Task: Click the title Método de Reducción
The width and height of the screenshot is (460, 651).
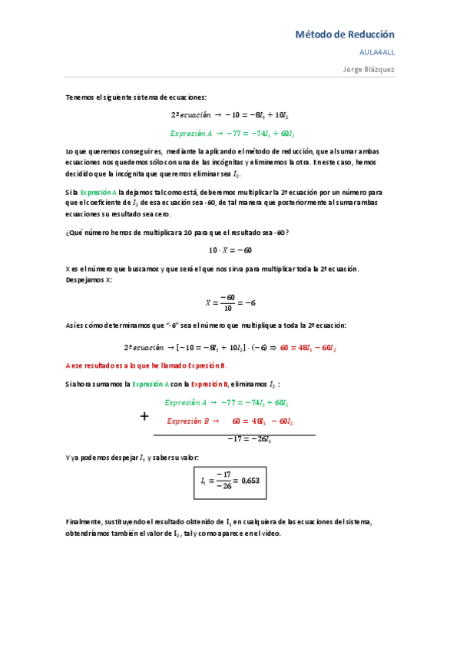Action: coord(345,35)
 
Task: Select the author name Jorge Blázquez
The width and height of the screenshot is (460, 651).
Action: coord(369,68)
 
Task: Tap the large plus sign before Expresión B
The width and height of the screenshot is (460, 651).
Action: coord(144,417)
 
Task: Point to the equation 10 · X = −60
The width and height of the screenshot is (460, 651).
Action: coord(230,250)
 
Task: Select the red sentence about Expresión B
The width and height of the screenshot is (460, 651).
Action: coord(147,365)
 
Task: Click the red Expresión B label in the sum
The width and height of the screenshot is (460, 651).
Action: coord(189,421)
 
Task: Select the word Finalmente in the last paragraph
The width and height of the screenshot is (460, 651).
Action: coord(83,522)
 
